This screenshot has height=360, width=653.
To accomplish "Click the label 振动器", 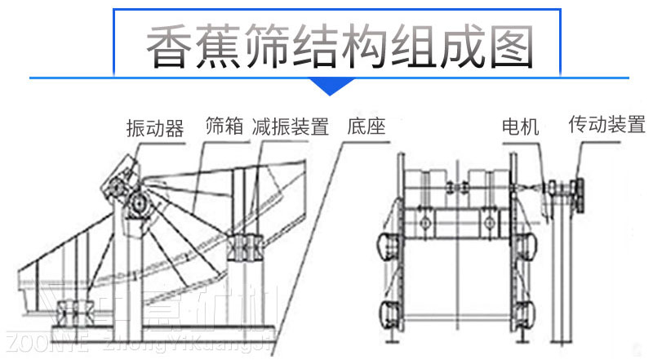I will [x=154, y=128].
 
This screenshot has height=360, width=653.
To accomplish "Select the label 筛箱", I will [x=225, y=127].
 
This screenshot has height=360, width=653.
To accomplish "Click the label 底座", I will [x=365, y=127].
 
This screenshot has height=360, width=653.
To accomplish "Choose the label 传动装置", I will [x=606, y=125].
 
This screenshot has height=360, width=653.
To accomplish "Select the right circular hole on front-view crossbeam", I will [x=487, y=222].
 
